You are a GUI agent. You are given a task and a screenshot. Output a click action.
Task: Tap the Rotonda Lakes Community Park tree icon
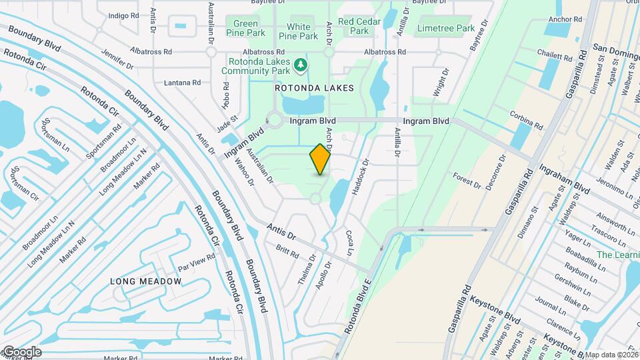coord(302,64)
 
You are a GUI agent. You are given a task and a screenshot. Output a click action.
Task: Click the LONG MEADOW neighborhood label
coord(146,281)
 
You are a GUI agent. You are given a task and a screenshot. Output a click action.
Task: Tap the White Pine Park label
coord(294,31)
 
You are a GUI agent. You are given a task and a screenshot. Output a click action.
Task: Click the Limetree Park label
coord(446,28)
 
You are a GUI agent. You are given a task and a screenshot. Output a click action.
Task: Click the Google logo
coord(21,352)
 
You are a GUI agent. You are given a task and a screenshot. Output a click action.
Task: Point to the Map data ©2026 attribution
coord(612,355)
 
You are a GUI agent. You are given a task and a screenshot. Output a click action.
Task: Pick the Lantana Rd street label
coord(182,83)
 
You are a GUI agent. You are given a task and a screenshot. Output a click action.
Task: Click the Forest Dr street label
coord(466,179)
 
